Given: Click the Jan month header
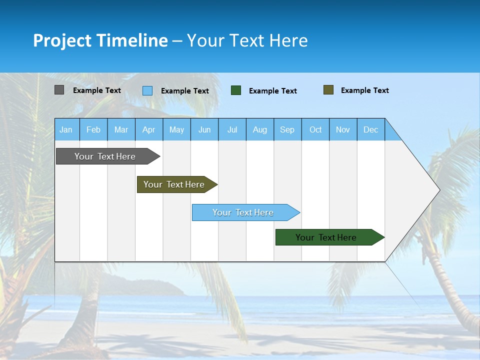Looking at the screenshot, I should pyautogui.click(x=66, y=129).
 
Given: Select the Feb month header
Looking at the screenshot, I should pyautogui.click(x=93, y=129).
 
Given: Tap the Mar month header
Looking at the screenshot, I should pyautogui.click(x=121, y=129).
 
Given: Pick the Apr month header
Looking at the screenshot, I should pyautogui.click(x=149, y=129).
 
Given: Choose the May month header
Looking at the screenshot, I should pyautogui.click(x=176, y=129).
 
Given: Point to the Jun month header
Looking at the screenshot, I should pyautogui.click(x=204, y=129).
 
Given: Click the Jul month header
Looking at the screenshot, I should pyautogui.click(x=232, y=129).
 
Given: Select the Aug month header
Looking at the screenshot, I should pyautogui.click(x=260, y=129).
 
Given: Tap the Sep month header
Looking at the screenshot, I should pyautogui.click(x=287, y=129).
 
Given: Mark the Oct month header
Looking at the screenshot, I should pyautogui.click(x=315, y=129).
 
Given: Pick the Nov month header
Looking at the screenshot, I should pyautogui.click(x=343, y=129).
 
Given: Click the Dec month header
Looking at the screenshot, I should pyautogui.click(x=371, y=129).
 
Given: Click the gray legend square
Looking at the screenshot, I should pyautogui.click(x=59, y=90).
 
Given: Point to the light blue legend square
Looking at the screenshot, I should pyautogui.click(x=147, y=90).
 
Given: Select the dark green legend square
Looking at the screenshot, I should pyautogui.click(x=236, y=90).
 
